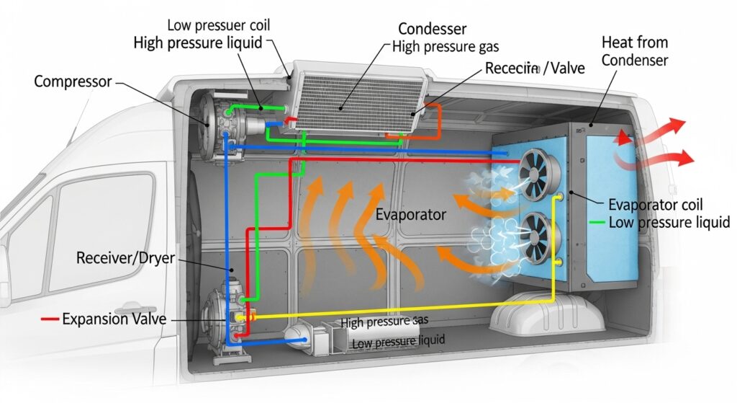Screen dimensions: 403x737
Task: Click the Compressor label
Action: point(73,81)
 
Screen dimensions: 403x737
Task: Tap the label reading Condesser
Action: point(432,30)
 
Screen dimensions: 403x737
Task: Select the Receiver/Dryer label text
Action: point(125,257)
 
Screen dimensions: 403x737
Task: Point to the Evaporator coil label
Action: point(655,205)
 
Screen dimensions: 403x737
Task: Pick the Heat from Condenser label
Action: point(634,52)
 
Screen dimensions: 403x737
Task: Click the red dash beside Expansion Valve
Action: point(49,318)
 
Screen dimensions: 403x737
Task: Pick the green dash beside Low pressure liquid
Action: point(597,223)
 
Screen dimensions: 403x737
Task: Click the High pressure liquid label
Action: point(198,43)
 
